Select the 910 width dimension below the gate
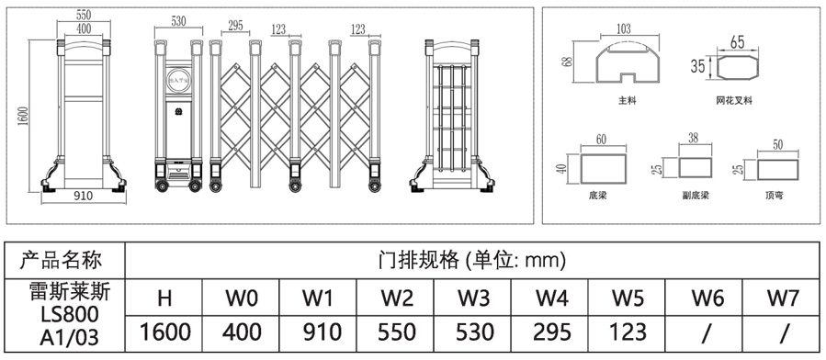pyautogui.click(x=83, y=195)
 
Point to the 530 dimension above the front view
pyautogui.click(x=178, y=21)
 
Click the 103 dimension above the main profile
pyautogui.click(x=623, y=28)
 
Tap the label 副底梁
pyautogui.click(x=696, y=195)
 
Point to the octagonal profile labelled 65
pyautogui.click(x=737, y=67)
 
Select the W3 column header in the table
pyautogui.click(x=474, y=298)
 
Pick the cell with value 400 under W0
pyautogui.click(x=243, y=332)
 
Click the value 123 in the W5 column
pyautogui.click(x=628, y=332)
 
